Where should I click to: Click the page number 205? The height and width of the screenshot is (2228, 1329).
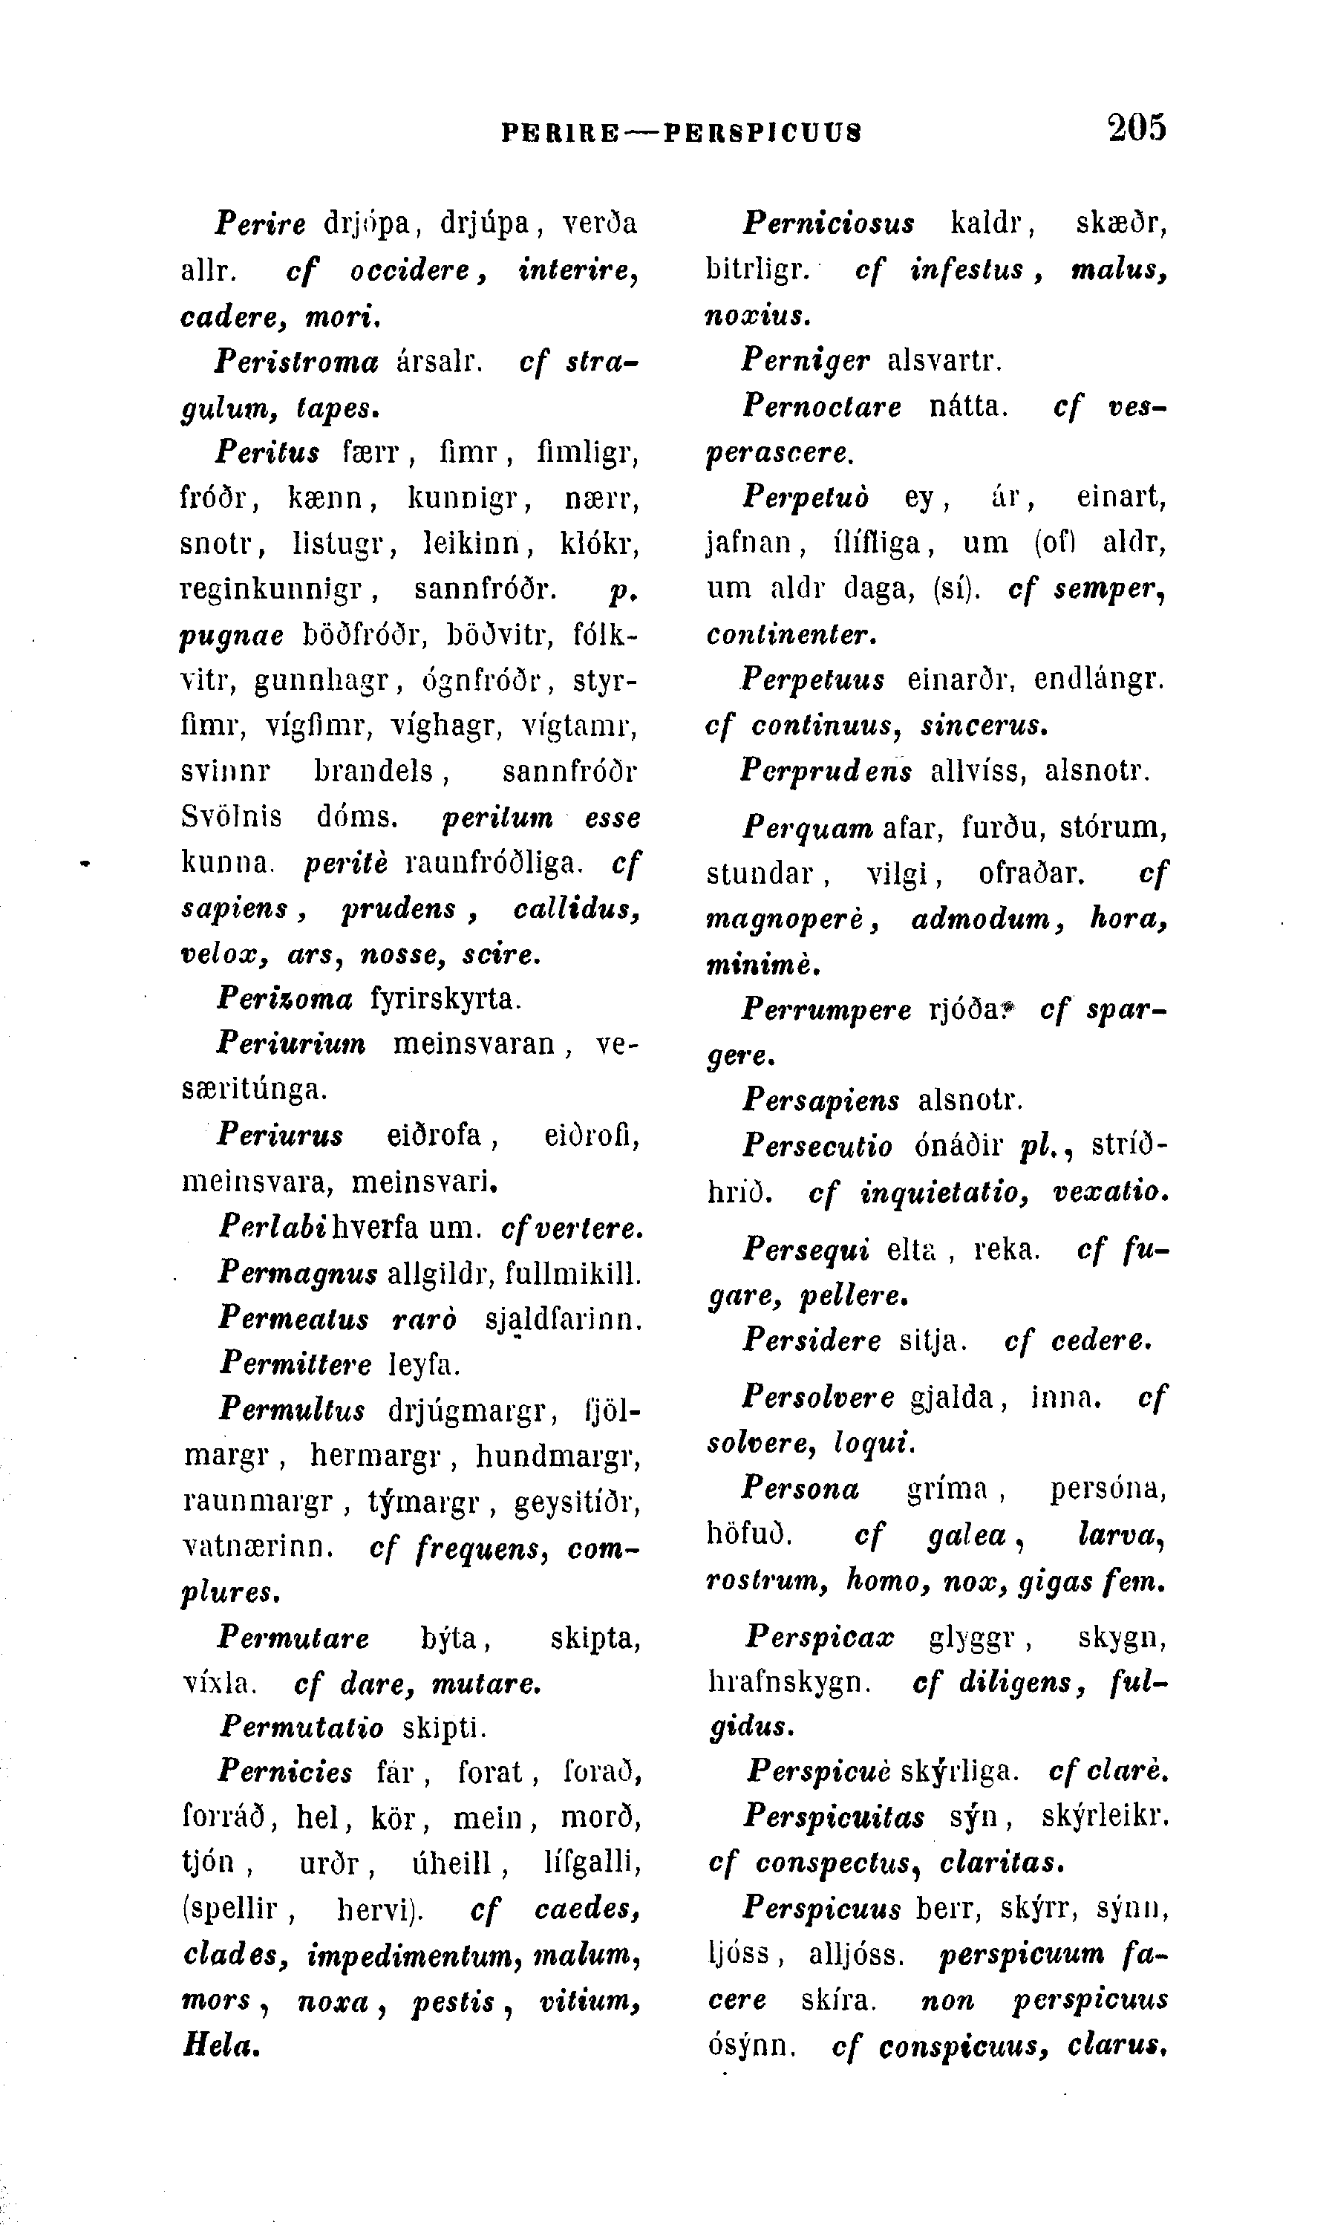click(1137, 127)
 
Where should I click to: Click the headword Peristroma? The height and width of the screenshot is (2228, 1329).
click(296, 361)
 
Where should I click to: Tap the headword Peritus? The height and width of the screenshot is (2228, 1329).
click(268, 452)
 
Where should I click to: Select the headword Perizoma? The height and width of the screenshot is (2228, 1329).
click(285, 997)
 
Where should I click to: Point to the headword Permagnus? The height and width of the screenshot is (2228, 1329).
click(297, 1273)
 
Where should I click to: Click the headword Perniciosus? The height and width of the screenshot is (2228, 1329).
click(829, 223)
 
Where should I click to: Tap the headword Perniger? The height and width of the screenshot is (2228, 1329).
click(805, 360)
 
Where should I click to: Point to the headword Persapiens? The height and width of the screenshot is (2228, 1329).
click(820, 1099)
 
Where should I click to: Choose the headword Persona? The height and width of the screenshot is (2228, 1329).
click(800, 1489)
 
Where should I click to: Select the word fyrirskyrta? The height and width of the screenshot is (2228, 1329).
click(445, 997)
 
